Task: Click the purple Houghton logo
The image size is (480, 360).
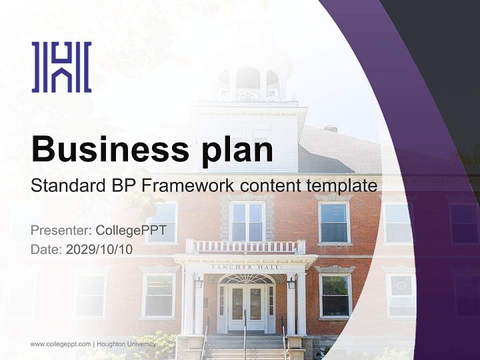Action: [61, 67]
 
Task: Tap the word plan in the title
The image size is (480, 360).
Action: [237, 149]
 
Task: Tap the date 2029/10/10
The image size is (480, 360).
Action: [99, 249]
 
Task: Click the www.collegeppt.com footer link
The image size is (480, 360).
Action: [60, 344]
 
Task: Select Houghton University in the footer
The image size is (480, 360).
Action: [126, 344]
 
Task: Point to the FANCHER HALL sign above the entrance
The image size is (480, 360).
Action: [245, 267]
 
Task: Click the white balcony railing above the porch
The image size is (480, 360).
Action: [245, 246]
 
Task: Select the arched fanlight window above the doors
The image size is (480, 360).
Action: [245, 279]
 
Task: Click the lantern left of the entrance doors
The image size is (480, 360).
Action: [198, 283]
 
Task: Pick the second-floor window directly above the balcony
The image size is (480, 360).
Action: [247, 221]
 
